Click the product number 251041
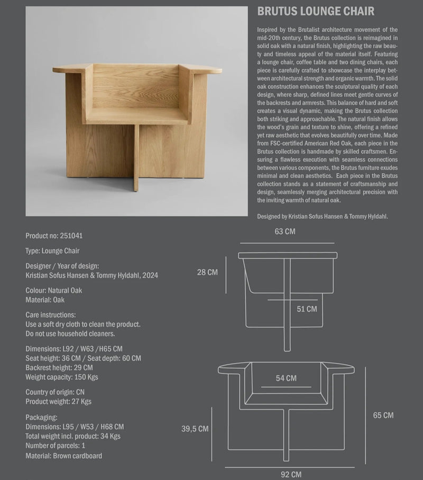point(71,236)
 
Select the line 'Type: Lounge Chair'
point(52,251)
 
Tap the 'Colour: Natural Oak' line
point(53,290)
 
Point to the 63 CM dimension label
point(285,232)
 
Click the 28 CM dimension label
point(207,272)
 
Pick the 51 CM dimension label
point(307,309)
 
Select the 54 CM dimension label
point(286,378)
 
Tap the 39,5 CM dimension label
point(195,429)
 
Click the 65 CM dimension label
point(383,415)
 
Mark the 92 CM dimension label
point(291,475)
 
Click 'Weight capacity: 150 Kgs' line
point(61,377)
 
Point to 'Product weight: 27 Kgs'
point(58,402)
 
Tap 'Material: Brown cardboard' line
point(63,456)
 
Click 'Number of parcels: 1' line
point(55,446)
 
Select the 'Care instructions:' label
point(50,315)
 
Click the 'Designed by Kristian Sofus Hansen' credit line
point(323,216)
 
